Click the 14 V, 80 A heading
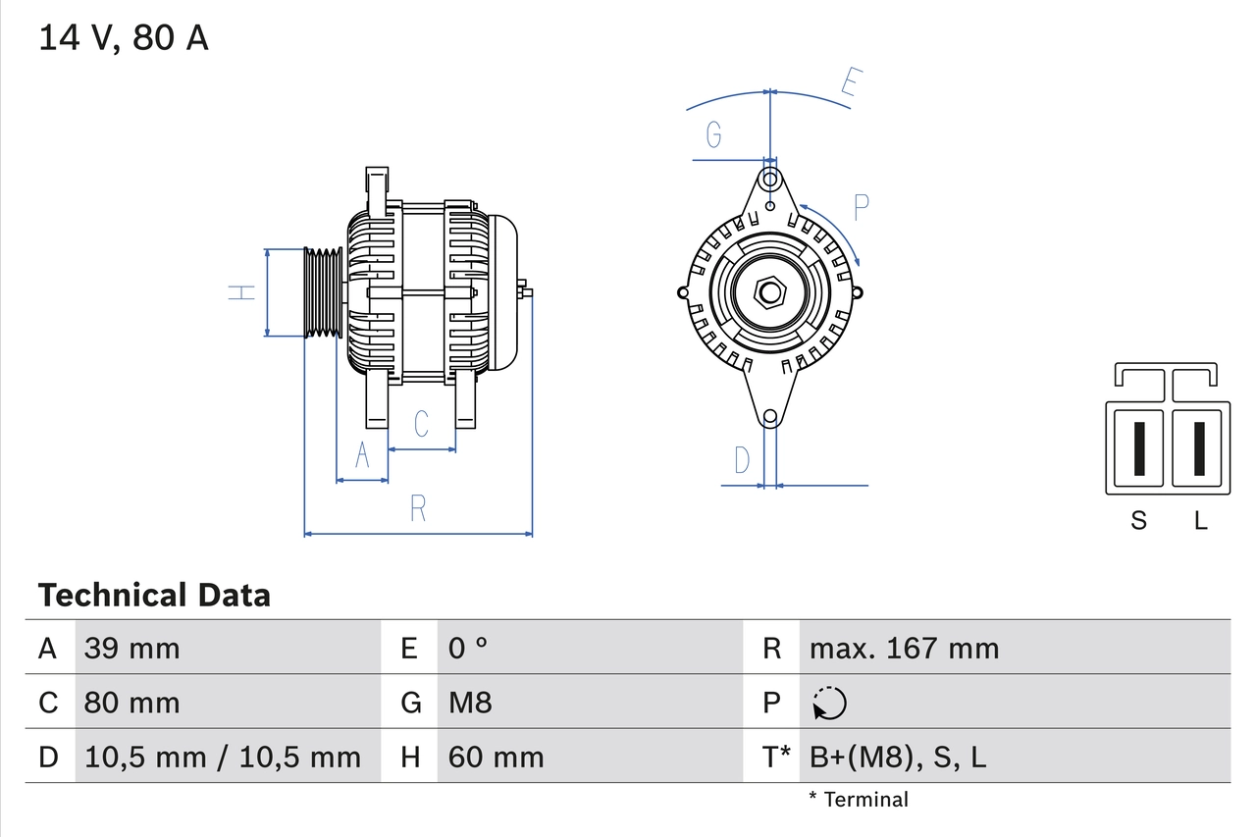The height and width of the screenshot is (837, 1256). point(124,38)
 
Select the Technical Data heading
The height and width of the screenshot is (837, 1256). point(154,595)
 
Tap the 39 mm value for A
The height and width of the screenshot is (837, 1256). point(132,648)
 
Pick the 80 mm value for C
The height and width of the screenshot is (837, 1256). point(132,703)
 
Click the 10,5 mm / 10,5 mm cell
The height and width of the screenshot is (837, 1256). point(223,757)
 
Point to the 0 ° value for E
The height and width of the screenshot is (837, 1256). point(468,648)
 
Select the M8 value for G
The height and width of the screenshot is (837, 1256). point(470,703)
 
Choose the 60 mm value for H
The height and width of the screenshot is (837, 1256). point(496,757)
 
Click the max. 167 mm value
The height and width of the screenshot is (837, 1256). point(904,648)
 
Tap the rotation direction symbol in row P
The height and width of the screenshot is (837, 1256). point(829,703)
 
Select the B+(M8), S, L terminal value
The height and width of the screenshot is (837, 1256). point(898,757)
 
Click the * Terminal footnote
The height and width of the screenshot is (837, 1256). point(859,800)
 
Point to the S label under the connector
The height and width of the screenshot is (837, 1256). point(1138,520)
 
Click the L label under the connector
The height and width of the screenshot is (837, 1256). point(1200,520)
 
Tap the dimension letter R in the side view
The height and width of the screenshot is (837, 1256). point(418,508)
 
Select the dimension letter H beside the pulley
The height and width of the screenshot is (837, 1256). point(241,291)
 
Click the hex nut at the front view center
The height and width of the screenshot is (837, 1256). point(770,292)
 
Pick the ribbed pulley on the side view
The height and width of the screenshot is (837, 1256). point(322,292)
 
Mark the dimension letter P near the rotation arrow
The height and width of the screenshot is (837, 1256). point(861,207)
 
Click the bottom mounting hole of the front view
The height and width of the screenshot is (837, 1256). point(770,417)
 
